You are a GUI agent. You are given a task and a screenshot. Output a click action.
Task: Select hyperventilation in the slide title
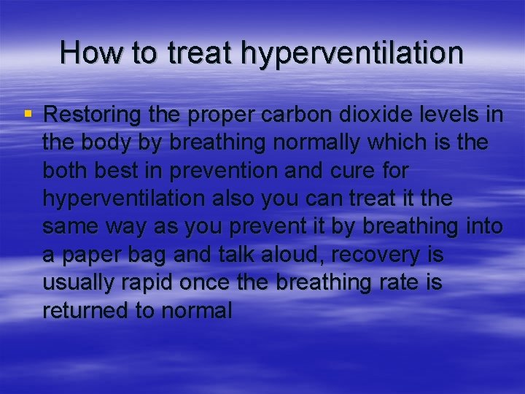click(x=351, y=54)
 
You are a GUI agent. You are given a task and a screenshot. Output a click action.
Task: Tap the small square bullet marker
click(x=28, y=114)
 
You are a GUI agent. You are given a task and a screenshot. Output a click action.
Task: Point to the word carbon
click(x=279, y=115)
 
